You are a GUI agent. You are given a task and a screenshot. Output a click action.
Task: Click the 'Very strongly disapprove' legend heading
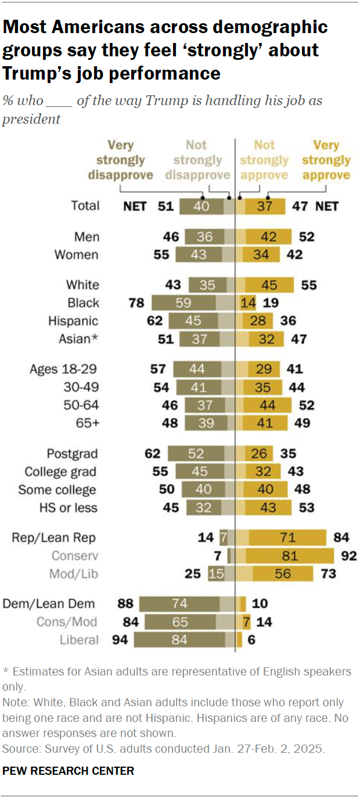click(x=120, y=160)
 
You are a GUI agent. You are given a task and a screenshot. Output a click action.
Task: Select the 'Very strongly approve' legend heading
click(x=326, y=160)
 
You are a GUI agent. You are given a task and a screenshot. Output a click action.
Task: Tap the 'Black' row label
click(x=83, y=303)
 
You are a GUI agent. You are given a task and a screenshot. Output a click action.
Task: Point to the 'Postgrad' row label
click(x=73, y=454)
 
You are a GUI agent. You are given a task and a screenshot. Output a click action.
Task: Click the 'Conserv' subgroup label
click(x=75, y=556)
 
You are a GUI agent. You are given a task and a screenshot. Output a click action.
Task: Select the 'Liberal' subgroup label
click(x=79, y=640)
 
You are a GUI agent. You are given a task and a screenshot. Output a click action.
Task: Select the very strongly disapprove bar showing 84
click(x=179, y=640)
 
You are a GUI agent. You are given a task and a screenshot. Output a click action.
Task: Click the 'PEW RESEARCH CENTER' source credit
click(x=69, y=771)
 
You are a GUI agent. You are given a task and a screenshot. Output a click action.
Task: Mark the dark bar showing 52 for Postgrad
click(x=196, y=454)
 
